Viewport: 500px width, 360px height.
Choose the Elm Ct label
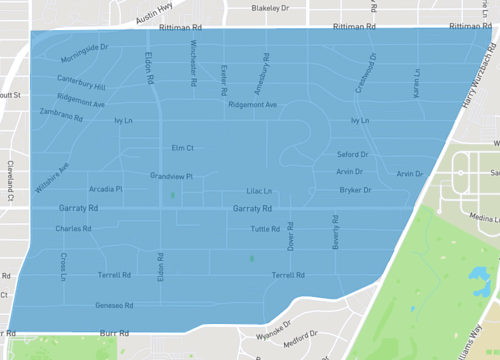tap(182, 147)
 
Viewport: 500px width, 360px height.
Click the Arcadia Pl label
tap(105, 188)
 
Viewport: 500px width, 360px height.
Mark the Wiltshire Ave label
tap(52, 178)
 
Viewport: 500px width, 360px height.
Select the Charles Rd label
tap(74, 228)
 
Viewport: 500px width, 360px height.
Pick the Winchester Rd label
tap(193, 59)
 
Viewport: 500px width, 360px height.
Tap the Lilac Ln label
tap(260, 190)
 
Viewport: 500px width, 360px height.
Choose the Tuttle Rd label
tap(265, 229)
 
